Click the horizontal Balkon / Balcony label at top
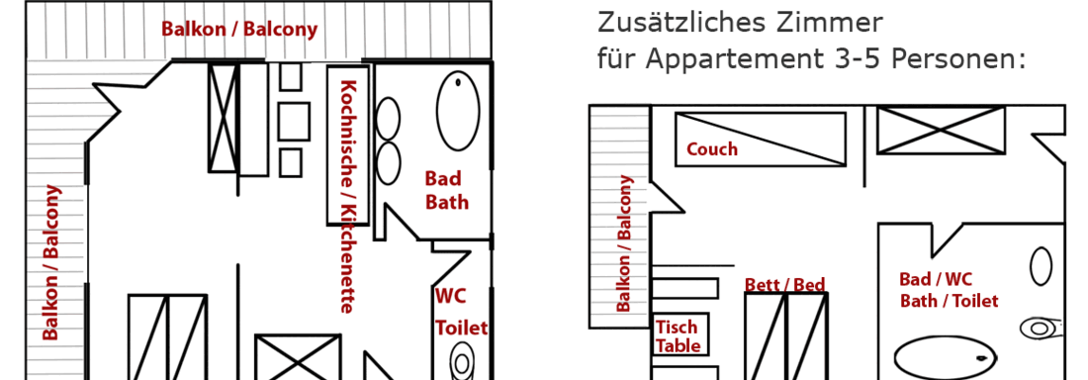tap(239, 29)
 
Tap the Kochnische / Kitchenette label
tap(347, 196)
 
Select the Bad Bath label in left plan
tap(446, 190)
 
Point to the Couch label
tap(712, 149)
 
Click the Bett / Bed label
tap(784, 285)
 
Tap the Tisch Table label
tap(678, 336)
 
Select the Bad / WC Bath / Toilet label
tap(949, 290)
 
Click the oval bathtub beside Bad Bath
tap(458, 111)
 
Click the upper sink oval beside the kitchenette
tap(388, 117)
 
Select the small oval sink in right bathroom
tap(1041, 266)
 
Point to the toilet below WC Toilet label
tap(462, 362)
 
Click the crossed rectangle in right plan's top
tap(942, 130)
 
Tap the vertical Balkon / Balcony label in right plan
tap(624, 243)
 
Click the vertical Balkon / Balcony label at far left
tap(51, 263)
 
